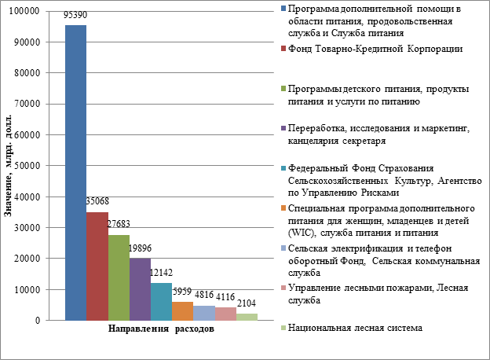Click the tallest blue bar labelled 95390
75,173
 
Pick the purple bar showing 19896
140,289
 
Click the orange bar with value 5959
182,310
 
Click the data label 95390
75,16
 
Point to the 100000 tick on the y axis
27,11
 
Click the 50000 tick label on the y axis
29,166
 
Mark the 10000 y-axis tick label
29,289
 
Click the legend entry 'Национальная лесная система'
356,327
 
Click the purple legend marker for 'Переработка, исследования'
282,129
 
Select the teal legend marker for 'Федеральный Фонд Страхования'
282,167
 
